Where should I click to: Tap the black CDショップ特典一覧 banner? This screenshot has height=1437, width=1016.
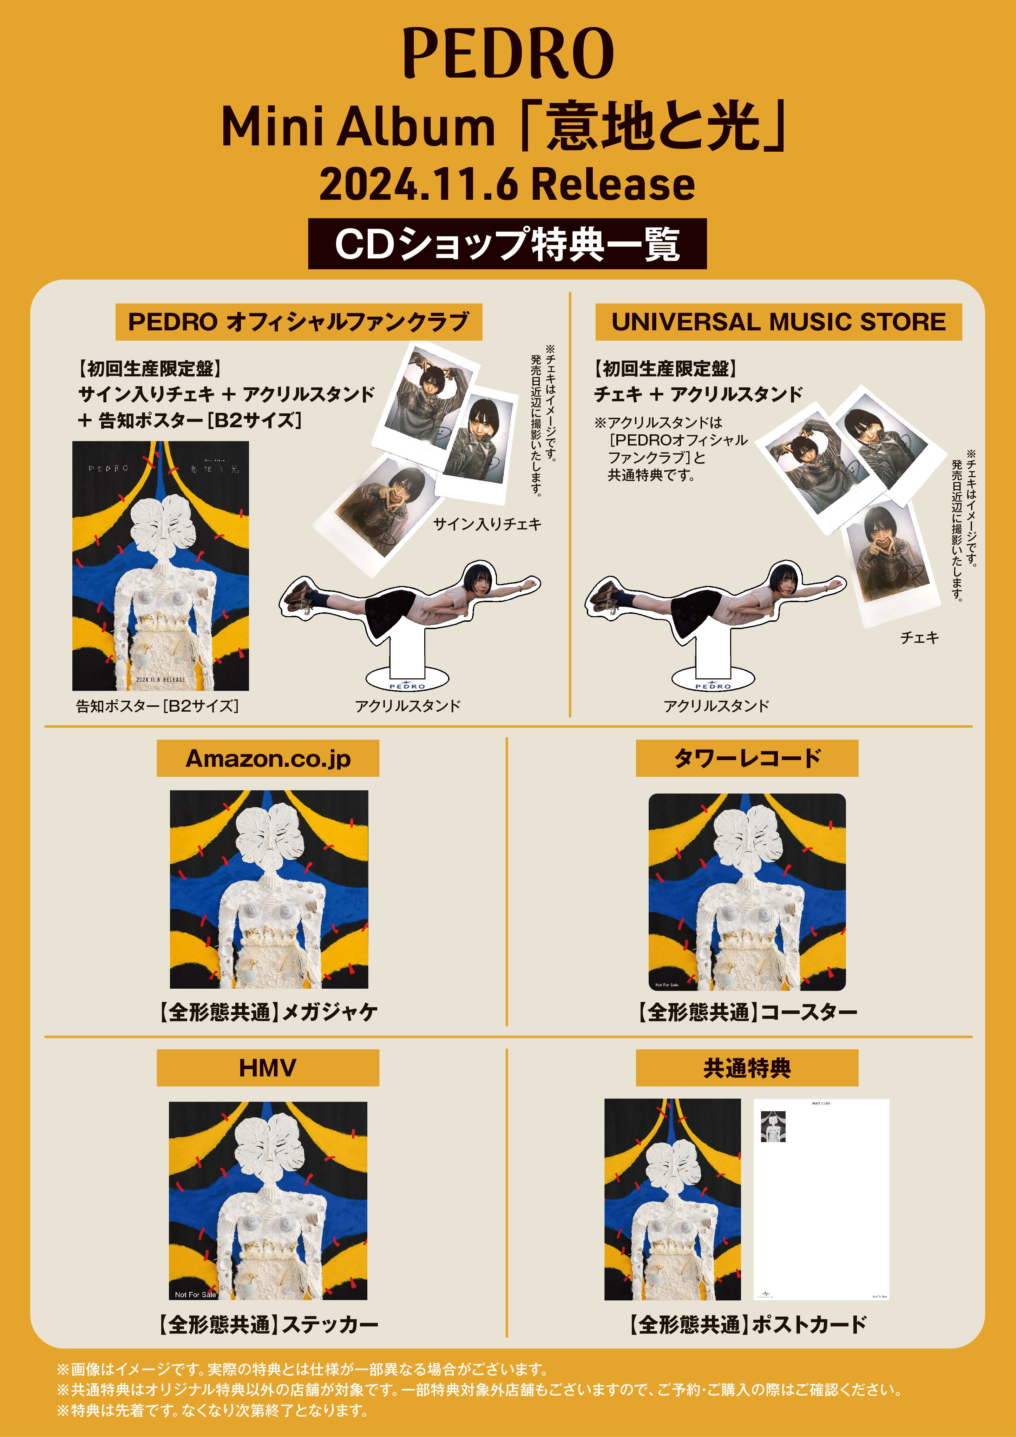pyautogui.click(x=507, y=244)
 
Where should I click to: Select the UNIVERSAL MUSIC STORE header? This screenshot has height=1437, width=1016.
pyautogui.click(x=778, y=322)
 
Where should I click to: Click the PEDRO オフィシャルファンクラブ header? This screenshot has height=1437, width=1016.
pyautogui.click(x=299, y=322)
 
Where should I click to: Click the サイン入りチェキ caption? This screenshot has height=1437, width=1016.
pyautogui.click(x=487, y=524)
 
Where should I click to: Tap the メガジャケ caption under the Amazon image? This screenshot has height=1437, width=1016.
pyautogui.click(x=268, y=1012)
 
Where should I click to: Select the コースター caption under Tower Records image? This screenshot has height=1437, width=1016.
pyautogui.click(x=747, y=1012)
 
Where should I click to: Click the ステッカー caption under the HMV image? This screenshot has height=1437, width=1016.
pyautogui.click(x=268, y=1324)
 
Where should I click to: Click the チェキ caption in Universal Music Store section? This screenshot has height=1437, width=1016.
pyautogui.click(x=919, y=637)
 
